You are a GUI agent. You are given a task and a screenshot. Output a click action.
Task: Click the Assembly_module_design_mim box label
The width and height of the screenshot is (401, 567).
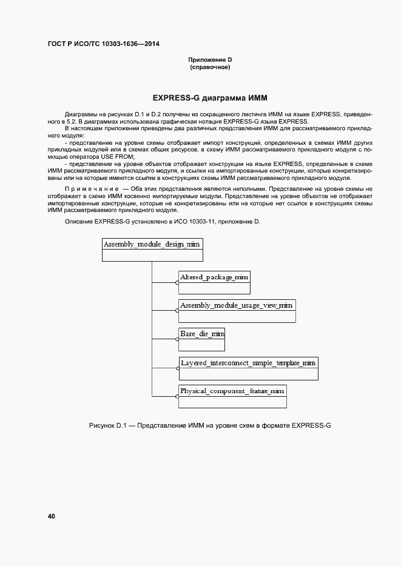[152, 244]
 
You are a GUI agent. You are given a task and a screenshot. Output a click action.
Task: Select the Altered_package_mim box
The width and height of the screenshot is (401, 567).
[214, 282]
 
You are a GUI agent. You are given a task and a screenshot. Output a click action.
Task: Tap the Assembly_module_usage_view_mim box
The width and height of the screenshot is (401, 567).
[237, 310]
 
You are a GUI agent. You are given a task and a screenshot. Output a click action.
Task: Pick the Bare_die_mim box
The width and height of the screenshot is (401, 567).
[201, 339]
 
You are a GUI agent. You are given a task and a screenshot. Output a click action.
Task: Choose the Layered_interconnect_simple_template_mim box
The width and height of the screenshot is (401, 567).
[248, 368]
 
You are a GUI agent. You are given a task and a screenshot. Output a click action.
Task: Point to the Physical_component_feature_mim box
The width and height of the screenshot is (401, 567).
[232, 396]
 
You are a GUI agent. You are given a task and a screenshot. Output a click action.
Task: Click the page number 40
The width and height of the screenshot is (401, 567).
[52, 516]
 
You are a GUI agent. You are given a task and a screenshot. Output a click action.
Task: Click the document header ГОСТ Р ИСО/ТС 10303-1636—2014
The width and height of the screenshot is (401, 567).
[104, 44]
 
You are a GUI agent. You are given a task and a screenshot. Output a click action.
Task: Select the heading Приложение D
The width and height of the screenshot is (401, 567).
[210, 60]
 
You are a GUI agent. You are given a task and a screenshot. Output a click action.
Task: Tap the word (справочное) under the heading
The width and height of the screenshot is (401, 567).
[210, 67]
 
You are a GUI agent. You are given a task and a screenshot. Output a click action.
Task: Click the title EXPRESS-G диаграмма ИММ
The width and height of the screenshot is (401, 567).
[210, 98]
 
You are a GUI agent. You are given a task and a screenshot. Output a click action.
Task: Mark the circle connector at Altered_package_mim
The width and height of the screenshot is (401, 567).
[177, 282]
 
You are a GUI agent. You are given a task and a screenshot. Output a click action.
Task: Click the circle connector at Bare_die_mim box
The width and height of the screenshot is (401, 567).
[177, 340]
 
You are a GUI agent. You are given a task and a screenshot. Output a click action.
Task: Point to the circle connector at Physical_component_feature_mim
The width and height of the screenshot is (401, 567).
[177, 396]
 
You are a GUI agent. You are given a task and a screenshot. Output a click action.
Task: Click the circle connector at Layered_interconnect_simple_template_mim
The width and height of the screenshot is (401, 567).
[177, 368]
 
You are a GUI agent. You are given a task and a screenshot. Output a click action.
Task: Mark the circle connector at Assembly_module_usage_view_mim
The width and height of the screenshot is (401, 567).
[177, 310]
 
